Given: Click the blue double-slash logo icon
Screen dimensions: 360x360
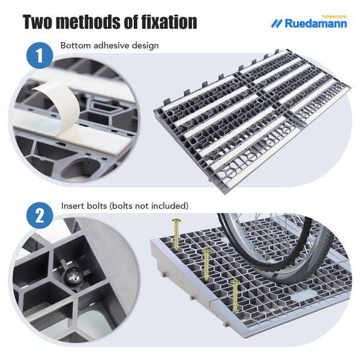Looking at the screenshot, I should (277, 23).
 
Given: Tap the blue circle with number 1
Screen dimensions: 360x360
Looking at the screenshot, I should (40, 58).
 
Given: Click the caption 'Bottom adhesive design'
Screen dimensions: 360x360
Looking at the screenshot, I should (109, 46).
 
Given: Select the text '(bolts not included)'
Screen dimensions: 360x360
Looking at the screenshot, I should (150, 205).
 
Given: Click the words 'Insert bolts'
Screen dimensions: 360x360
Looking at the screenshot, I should (85, 205).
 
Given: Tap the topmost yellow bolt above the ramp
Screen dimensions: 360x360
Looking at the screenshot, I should (176, 234).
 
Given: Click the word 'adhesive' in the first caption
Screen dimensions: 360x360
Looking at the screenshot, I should (107, 46).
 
